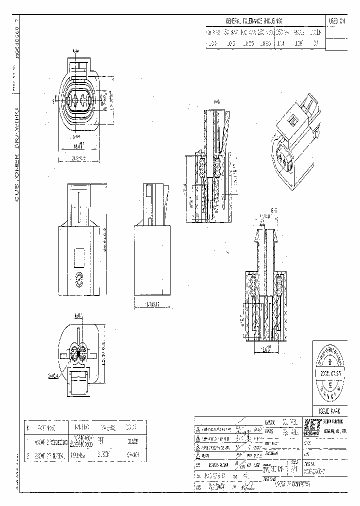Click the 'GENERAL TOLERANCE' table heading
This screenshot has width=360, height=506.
(x=253, y=21)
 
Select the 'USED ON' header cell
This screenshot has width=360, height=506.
(x=336, y=21)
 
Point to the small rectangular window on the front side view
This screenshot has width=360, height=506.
(x=78, y=258)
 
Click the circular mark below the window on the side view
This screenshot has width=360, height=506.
(x=79, y=280)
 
